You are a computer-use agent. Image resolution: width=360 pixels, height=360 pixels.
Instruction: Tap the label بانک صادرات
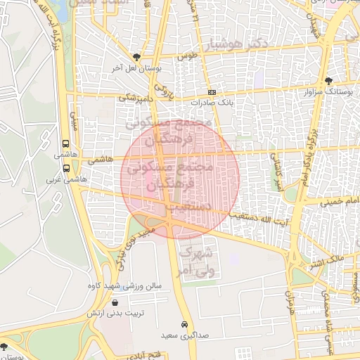point(212,103)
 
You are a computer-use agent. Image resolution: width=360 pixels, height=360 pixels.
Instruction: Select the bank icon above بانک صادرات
point(212,93)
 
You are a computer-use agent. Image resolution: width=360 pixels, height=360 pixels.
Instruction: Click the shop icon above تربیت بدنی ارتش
point(115,302)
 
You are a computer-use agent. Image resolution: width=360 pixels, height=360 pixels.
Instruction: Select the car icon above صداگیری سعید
point(184,325)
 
